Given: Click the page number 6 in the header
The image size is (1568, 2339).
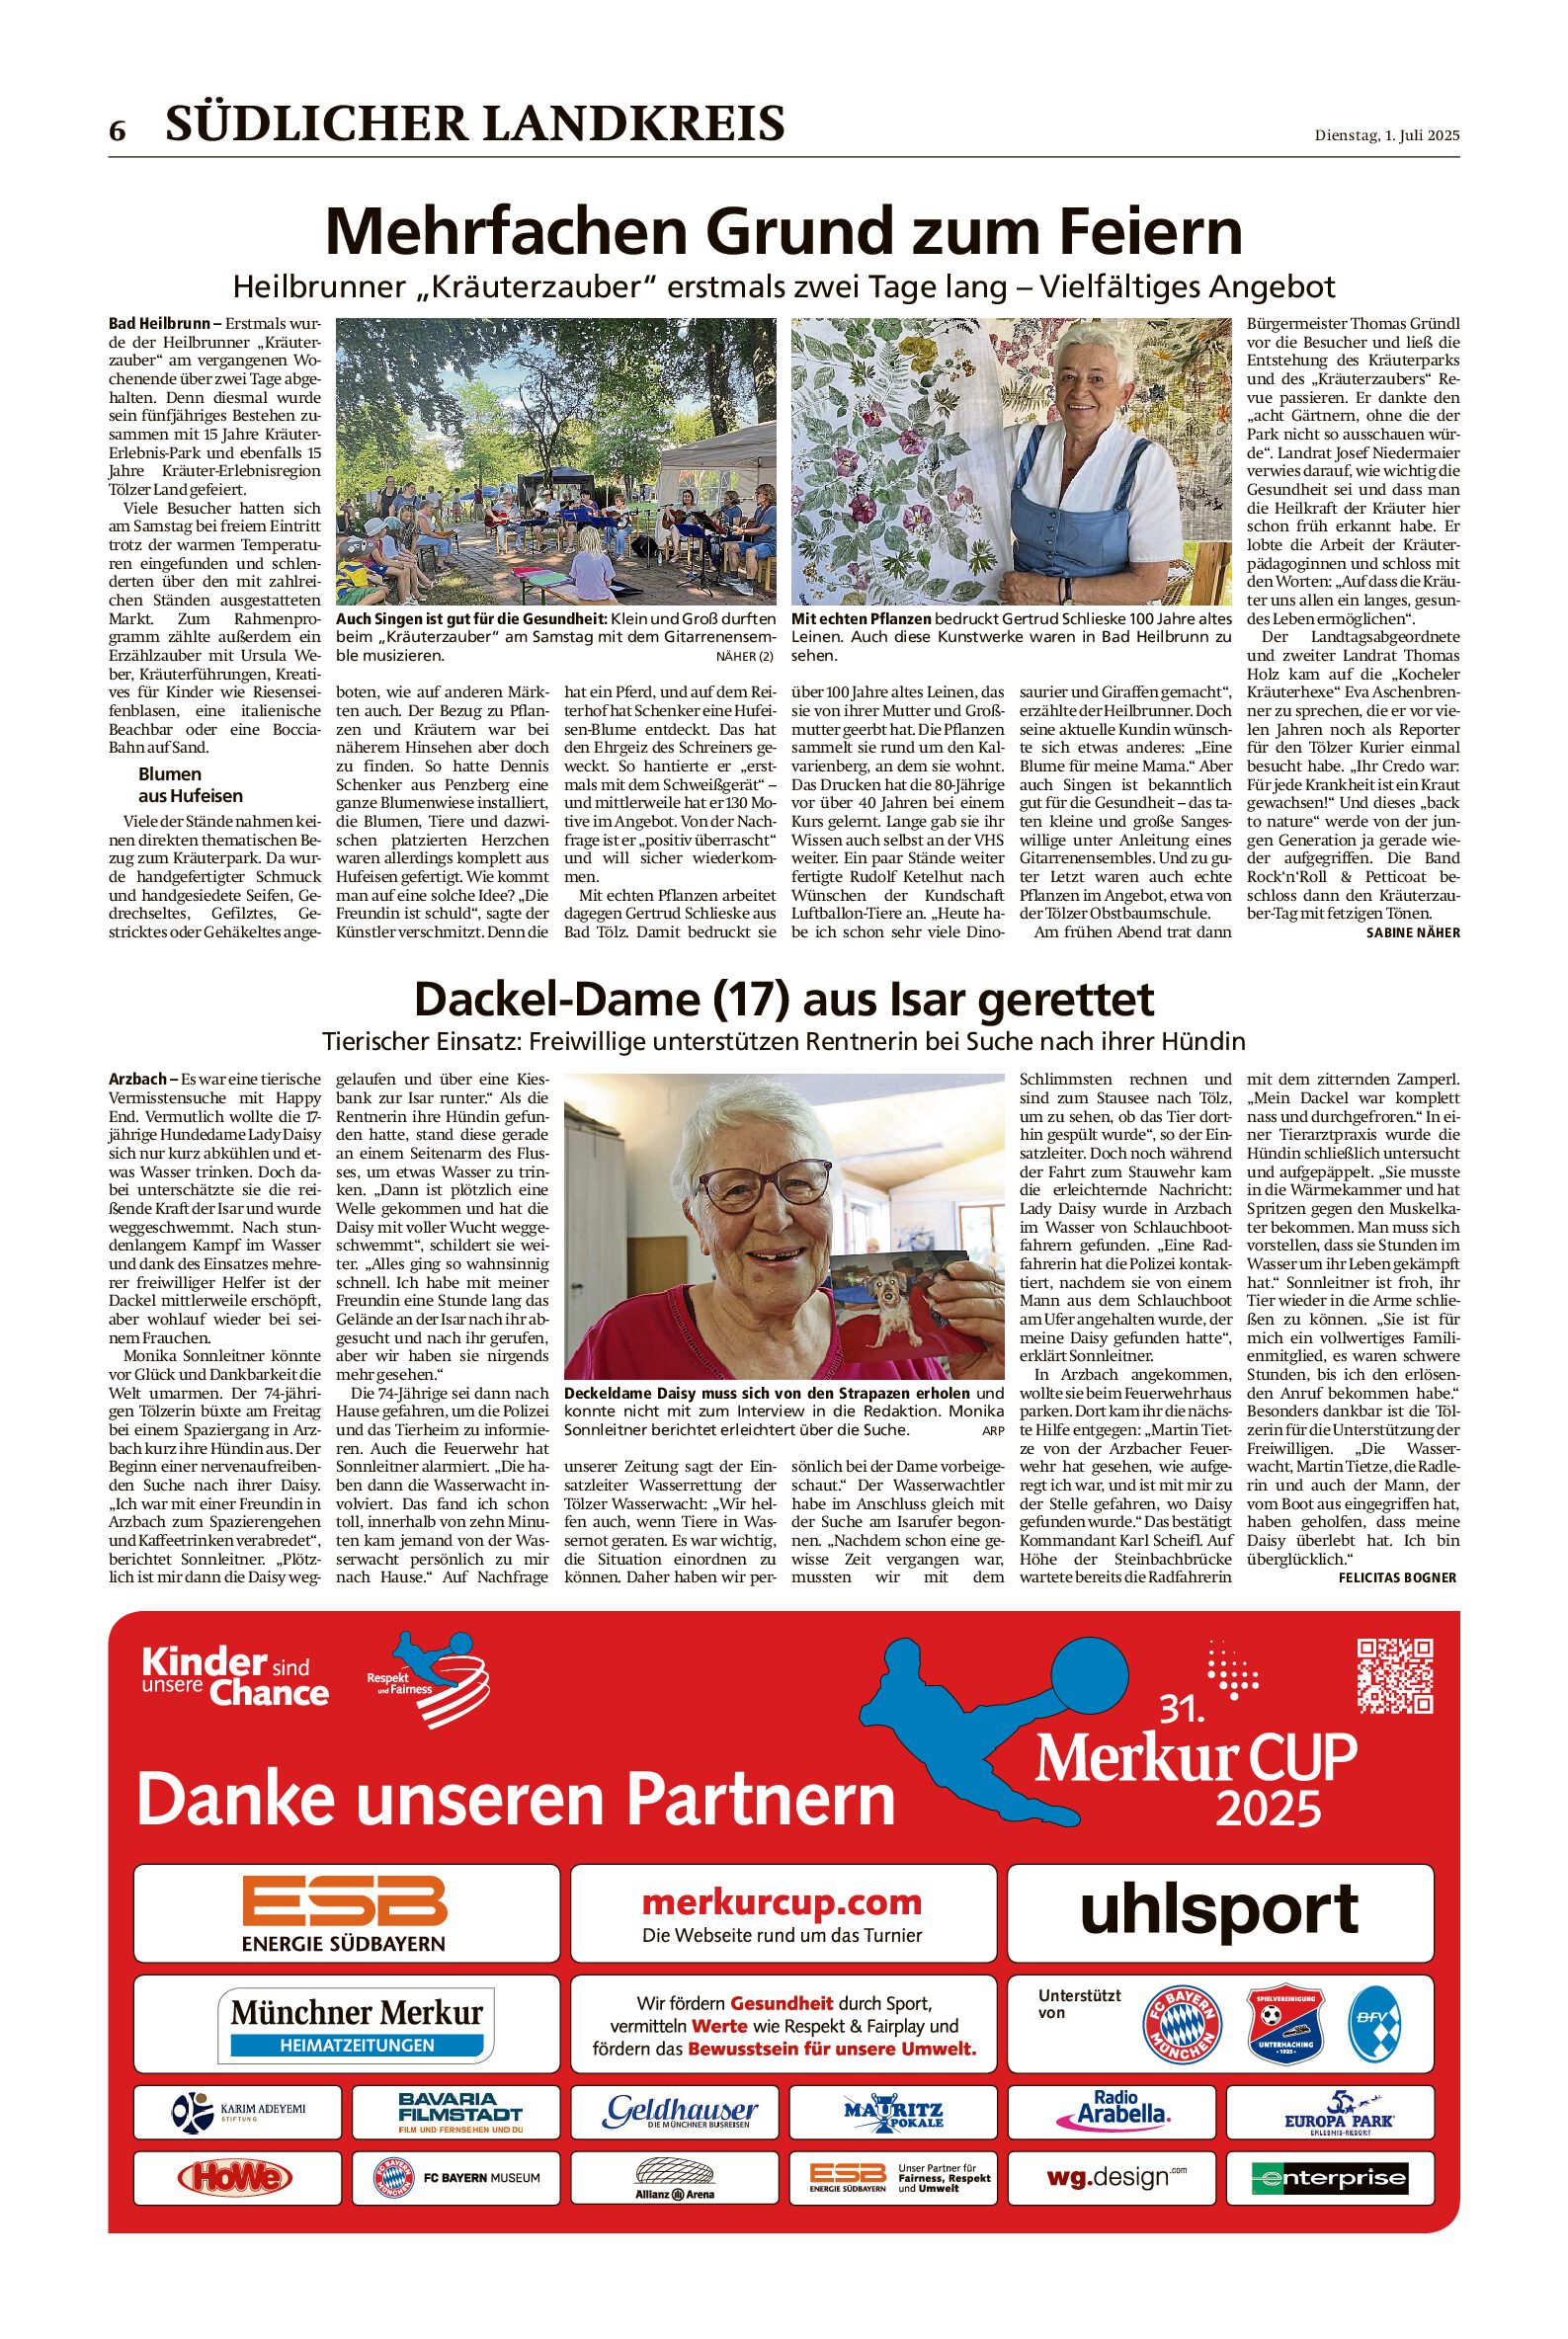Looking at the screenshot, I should (x=118, y=131).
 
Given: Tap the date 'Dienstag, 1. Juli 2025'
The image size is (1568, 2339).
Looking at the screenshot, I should (x=1386, y=136).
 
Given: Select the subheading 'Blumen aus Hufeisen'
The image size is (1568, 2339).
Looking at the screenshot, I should (x=190, y=784).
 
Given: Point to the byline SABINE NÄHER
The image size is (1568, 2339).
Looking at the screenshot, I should (x=1412, y=932).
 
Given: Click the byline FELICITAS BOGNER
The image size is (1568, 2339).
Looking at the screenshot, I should (x=1397, y=1577).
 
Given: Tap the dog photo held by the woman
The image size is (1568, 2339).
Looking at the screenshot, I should (x=899, y=1312).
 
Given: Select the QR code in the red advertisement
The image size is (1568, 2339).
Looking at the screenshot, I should (x=1395, y=1676).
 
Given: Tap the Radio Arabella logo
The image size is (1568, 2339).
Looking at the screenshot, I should (x=1113, y=2109).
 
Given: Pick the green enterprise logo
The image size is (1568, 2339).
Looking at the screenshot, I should (x=1329, y=2178).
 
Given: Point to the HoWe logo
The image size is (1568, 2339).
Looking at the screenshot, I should (x=235, y=2178).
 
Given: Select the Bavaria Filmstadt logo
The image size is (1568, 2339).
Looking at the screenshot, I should (x=459, y=2112).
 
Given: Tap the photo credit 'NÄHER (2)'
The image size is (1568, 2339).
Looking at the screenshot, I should (x=744, y=656).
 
